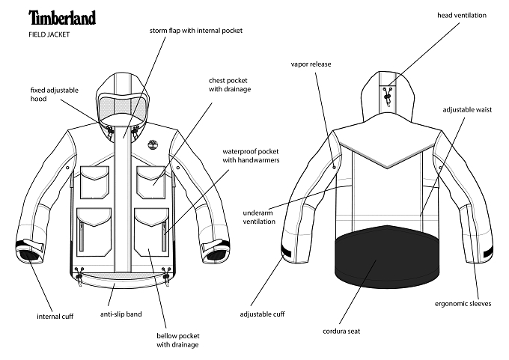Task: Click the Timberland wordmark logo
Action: (62, 17)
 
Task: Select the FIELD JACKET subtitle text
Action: (49, 34)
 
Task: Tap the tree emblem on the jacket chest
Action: (152, 144)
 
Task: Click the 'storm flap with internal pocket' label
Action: (196, 31)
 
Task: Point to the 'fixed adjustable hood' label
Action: (55, 94)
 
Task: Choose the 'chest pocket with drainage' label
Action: (230, 85)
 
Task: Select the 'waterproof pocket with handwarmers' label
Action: (251, 156)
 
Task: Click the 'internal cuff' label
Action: (55, 317)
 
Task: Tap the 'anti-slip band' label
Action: (121, 314)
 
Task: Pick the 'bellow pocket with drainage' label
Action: (178, 341)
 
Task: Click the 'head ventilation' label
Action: (462, 15)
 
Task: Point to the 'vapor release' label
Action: (311, 64)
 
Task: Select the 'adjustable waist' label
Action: (467, 110)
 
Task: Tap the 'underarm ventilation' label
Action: (259, 217)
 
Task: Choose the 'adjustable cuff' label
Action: (262, 314)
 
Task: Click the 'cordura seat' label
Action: (341, 332)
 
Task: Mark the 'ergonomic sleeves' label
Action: (463, 304)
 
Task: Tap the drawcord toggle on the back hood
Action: (387, 96)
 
